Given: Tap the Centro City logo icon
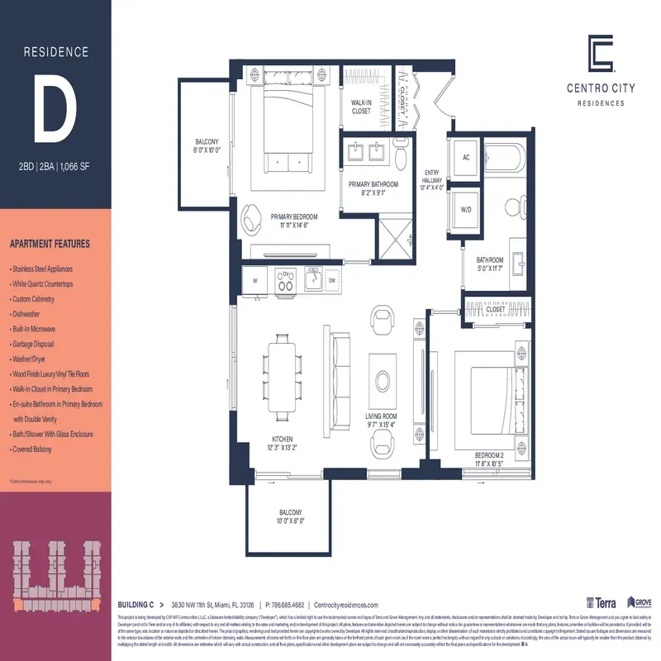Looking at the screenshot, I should tap(601, 54).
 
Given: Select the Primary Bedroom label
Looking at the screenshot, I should tap(294, 221).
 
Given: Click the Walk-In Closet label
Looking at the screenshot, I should tap(361, 107).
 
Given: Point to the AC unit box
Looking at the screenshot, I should tap(466, 157).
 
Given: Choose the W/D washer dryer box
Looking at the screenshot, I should tap(466, 210).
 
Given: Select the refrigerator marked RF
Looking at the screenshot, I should tap(254, 281).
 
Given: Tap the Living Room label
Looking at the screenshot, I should tap(382, 421).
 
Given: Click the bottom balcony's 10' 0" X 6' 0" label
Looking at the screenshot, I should tap(290, 521).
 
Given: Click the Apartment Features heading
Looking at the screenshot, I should tap(50, 245).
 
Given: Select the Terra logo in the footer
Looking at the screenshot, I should tap(601, 603).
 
